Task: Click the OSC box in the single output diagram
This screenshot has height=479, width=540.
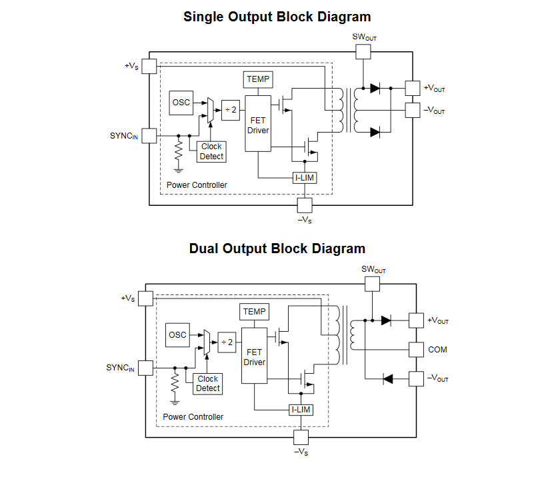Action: click(x=181, y=103)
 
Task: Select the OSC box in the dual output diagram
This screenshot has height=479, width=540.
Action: click(x=177, y=334)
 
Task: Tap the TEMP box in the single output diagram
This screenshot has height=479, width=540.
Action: click(x=258, y=79)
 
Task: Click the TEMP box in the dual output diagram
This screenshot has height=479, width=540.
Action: click(x=254, y=311)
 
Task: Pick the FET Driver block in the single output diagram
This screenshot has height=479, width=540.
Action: click(x=258, y=124)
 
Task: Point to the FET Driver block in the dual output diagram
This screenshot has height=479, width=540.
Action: click(x=254, y=356)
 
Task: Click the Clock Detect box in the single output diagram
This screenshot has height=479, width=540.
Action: click(x=211, y=151)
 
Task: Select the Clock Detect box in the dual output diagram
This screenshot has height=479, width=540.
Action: click(x=207, y=384)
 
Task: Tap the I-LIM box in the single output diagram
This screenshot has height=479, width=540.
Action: click(x=304, y=178)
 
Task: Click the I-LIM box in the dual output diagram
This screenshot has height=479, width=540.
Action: click(x=301, y=410)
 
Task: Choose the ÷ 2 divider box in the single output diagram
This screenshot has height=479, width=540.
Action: click(x=230, y=109)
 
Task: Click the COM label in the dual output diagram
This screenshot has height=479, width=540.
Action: click(x=437, y=350)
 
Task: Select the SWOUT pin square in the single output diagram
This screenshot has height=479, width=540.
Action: click(x=363, y=51)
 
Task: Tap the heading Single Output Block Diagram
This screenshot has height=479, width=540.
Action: click(x=277, y=17)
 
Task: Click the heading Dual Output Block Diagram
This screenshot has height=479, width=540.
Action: click(x=277, y=248)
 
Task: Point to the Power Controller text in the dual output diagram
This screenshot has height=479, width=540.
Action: click(x=193, y=416)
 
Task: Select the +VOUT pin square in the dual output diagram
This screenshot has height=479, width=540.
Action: click(x=416, y=320)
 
